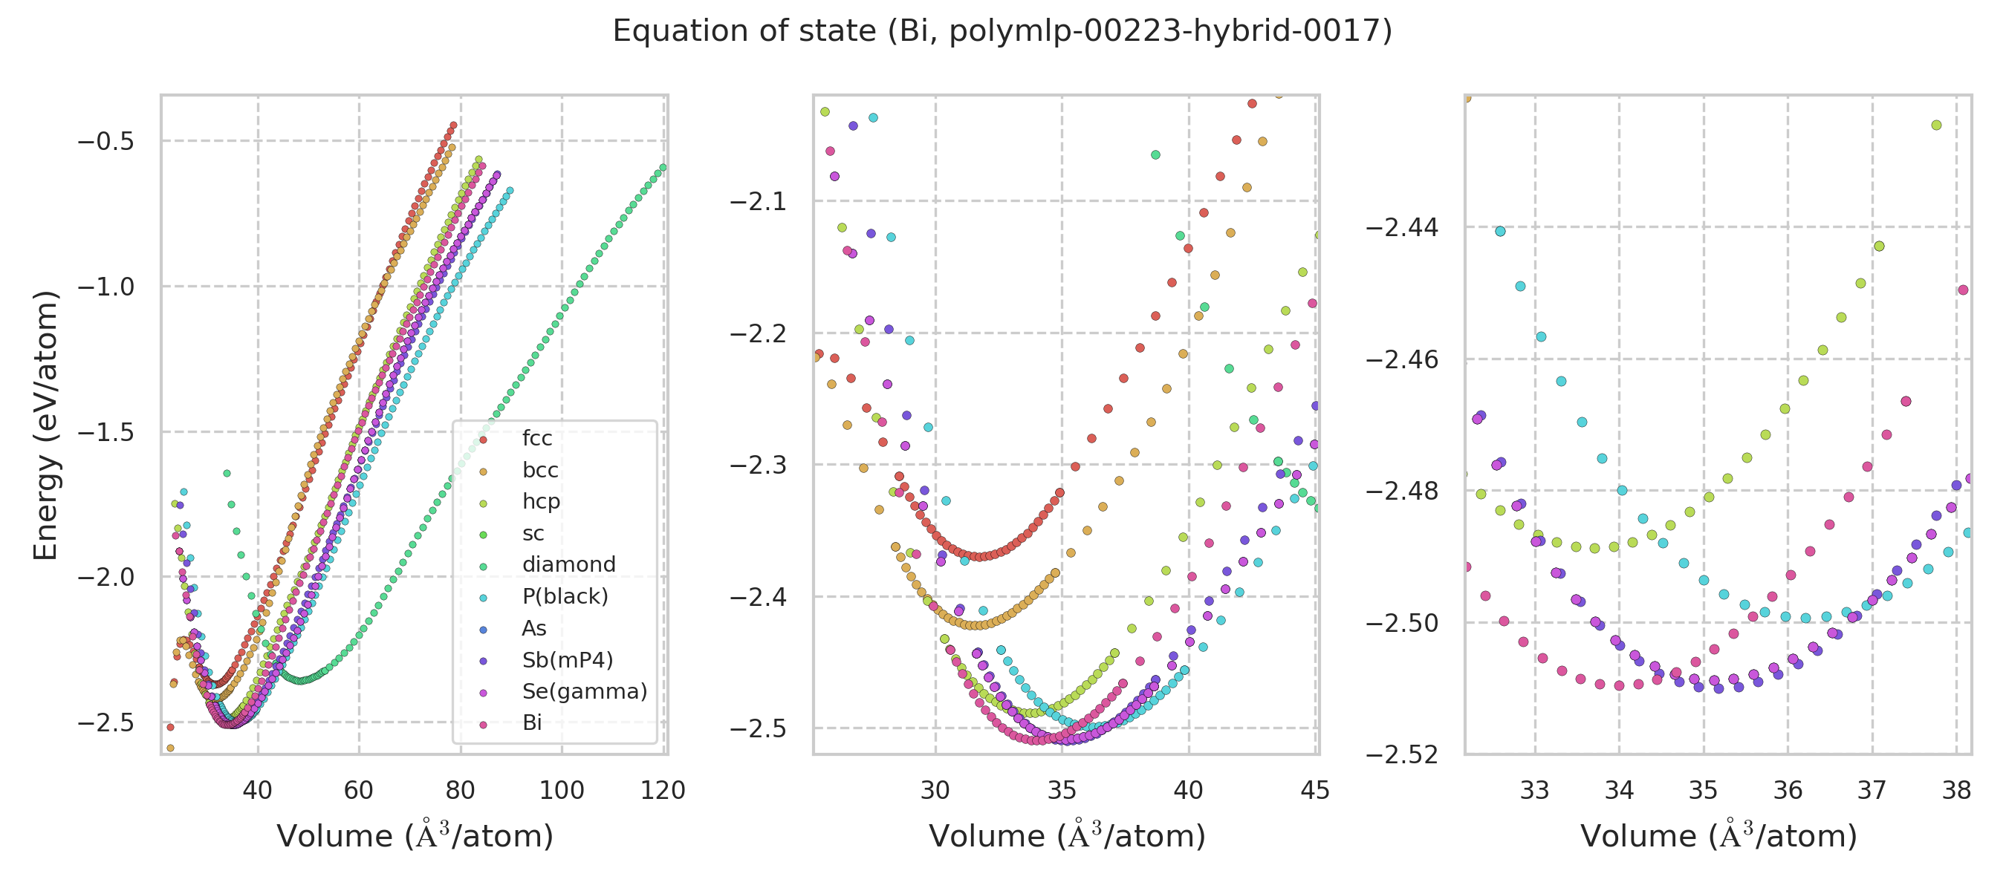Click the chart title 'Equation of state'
(x=1002, y=31)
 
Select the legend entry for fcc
(x=536, y=438)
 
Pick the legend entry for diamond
(x=568, y=564)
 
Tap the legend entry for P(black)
(x=565, y=596)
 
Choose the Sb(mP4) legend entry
(x=567, y=660)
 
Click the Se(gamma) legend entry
(x=584, y=691)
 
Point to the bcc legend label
(x=539, y=470)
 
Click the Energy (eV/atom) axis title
(x=46, y=425)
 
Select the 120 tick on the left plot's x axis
(x=663, y=791)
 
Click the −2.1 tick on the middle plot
(x=757, y=201)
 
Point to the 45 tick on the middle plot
(x=1314, y=791)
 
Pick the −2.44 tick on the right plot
(x=1402, y=228)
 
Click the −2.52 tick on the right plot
(x=1402, y=755)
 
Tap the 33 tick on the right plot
(x=1535, y=791)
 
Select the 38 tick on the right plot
(x=1956, y=791)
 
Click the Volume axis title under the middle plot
(x=1067, y=836)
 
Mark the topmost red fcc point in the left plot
(x=453, y=125)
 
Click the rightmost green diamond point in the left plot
(x=663, y=167)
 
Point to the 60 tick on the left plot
(x=358, y=791)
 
